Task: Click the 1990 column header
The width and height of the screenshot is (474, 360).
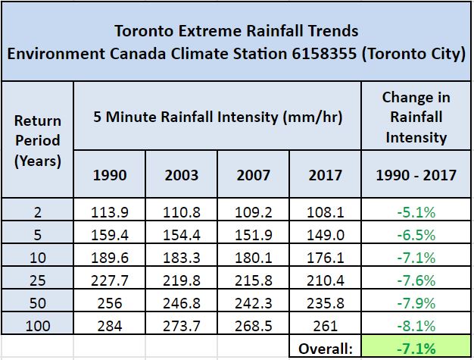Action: (110, 175)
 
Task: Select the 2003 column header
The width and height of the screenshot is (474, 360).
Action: (182, 175)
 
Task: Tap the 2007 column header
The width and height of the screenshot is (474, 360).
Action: (253, 175)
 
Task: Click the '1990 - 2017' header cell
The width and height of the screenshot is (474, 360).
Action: (416, 175)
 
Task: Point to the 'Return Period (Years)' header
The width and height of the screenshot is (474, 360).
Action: (37, 140)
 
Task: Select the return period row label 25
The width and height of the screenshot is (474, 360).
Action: (37, 280)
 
